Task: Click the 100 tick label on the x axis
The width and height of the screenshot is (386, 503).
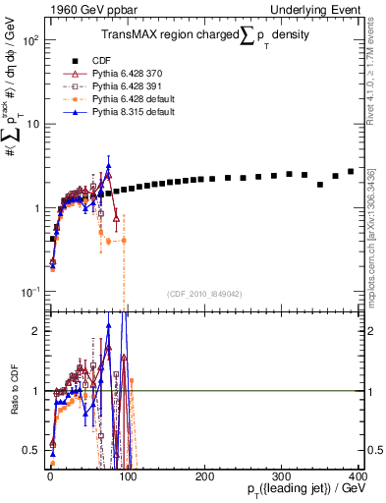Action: [x=127, y=476]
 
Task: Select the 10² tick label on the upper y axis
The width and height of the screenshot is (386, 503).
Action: [x=28, y=41]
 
